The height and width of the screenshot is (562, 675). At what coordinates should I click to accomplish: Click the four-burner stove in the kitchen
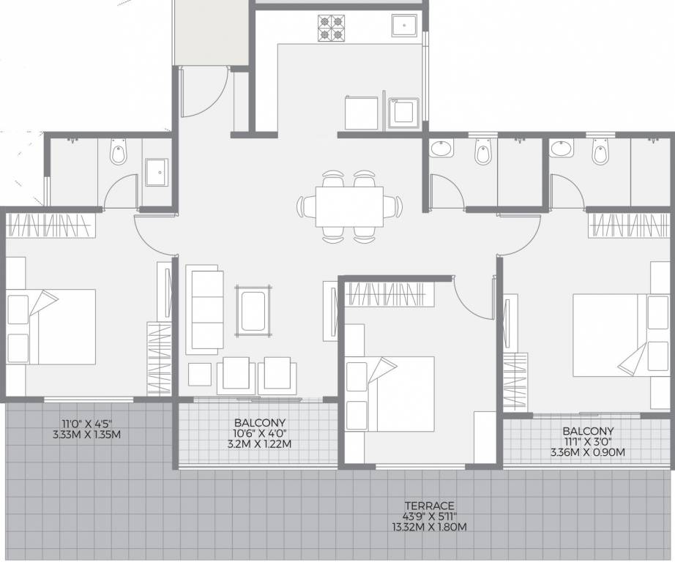[x=330, y=27]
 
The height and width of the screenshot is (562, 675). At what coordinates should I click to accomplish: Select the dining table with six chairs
[x=350, y=205]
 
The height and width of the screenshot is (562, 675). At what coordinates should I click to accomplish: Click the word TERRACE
[x=429, y=506]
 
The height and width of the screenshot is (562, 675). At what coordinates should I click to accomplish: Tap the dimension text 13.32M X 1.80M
[x=429, y=527]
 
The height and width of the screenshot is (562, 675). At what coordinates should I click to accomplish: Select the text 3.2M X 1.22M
[x=260, y=443]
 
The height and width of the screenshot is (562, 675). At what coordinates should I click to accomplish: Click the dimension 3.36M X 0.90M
[x=588, y=452]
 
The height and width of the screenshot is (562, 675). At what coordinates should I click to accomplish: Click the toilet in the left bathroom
[x=117, y=154]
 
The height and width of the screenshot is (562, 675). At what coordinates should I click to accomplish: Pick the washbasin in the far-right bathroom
[x=561, y=149]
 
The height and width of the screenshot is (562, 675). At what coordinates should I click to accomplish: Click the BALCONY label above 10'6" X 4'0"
[x=260, y=423]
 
